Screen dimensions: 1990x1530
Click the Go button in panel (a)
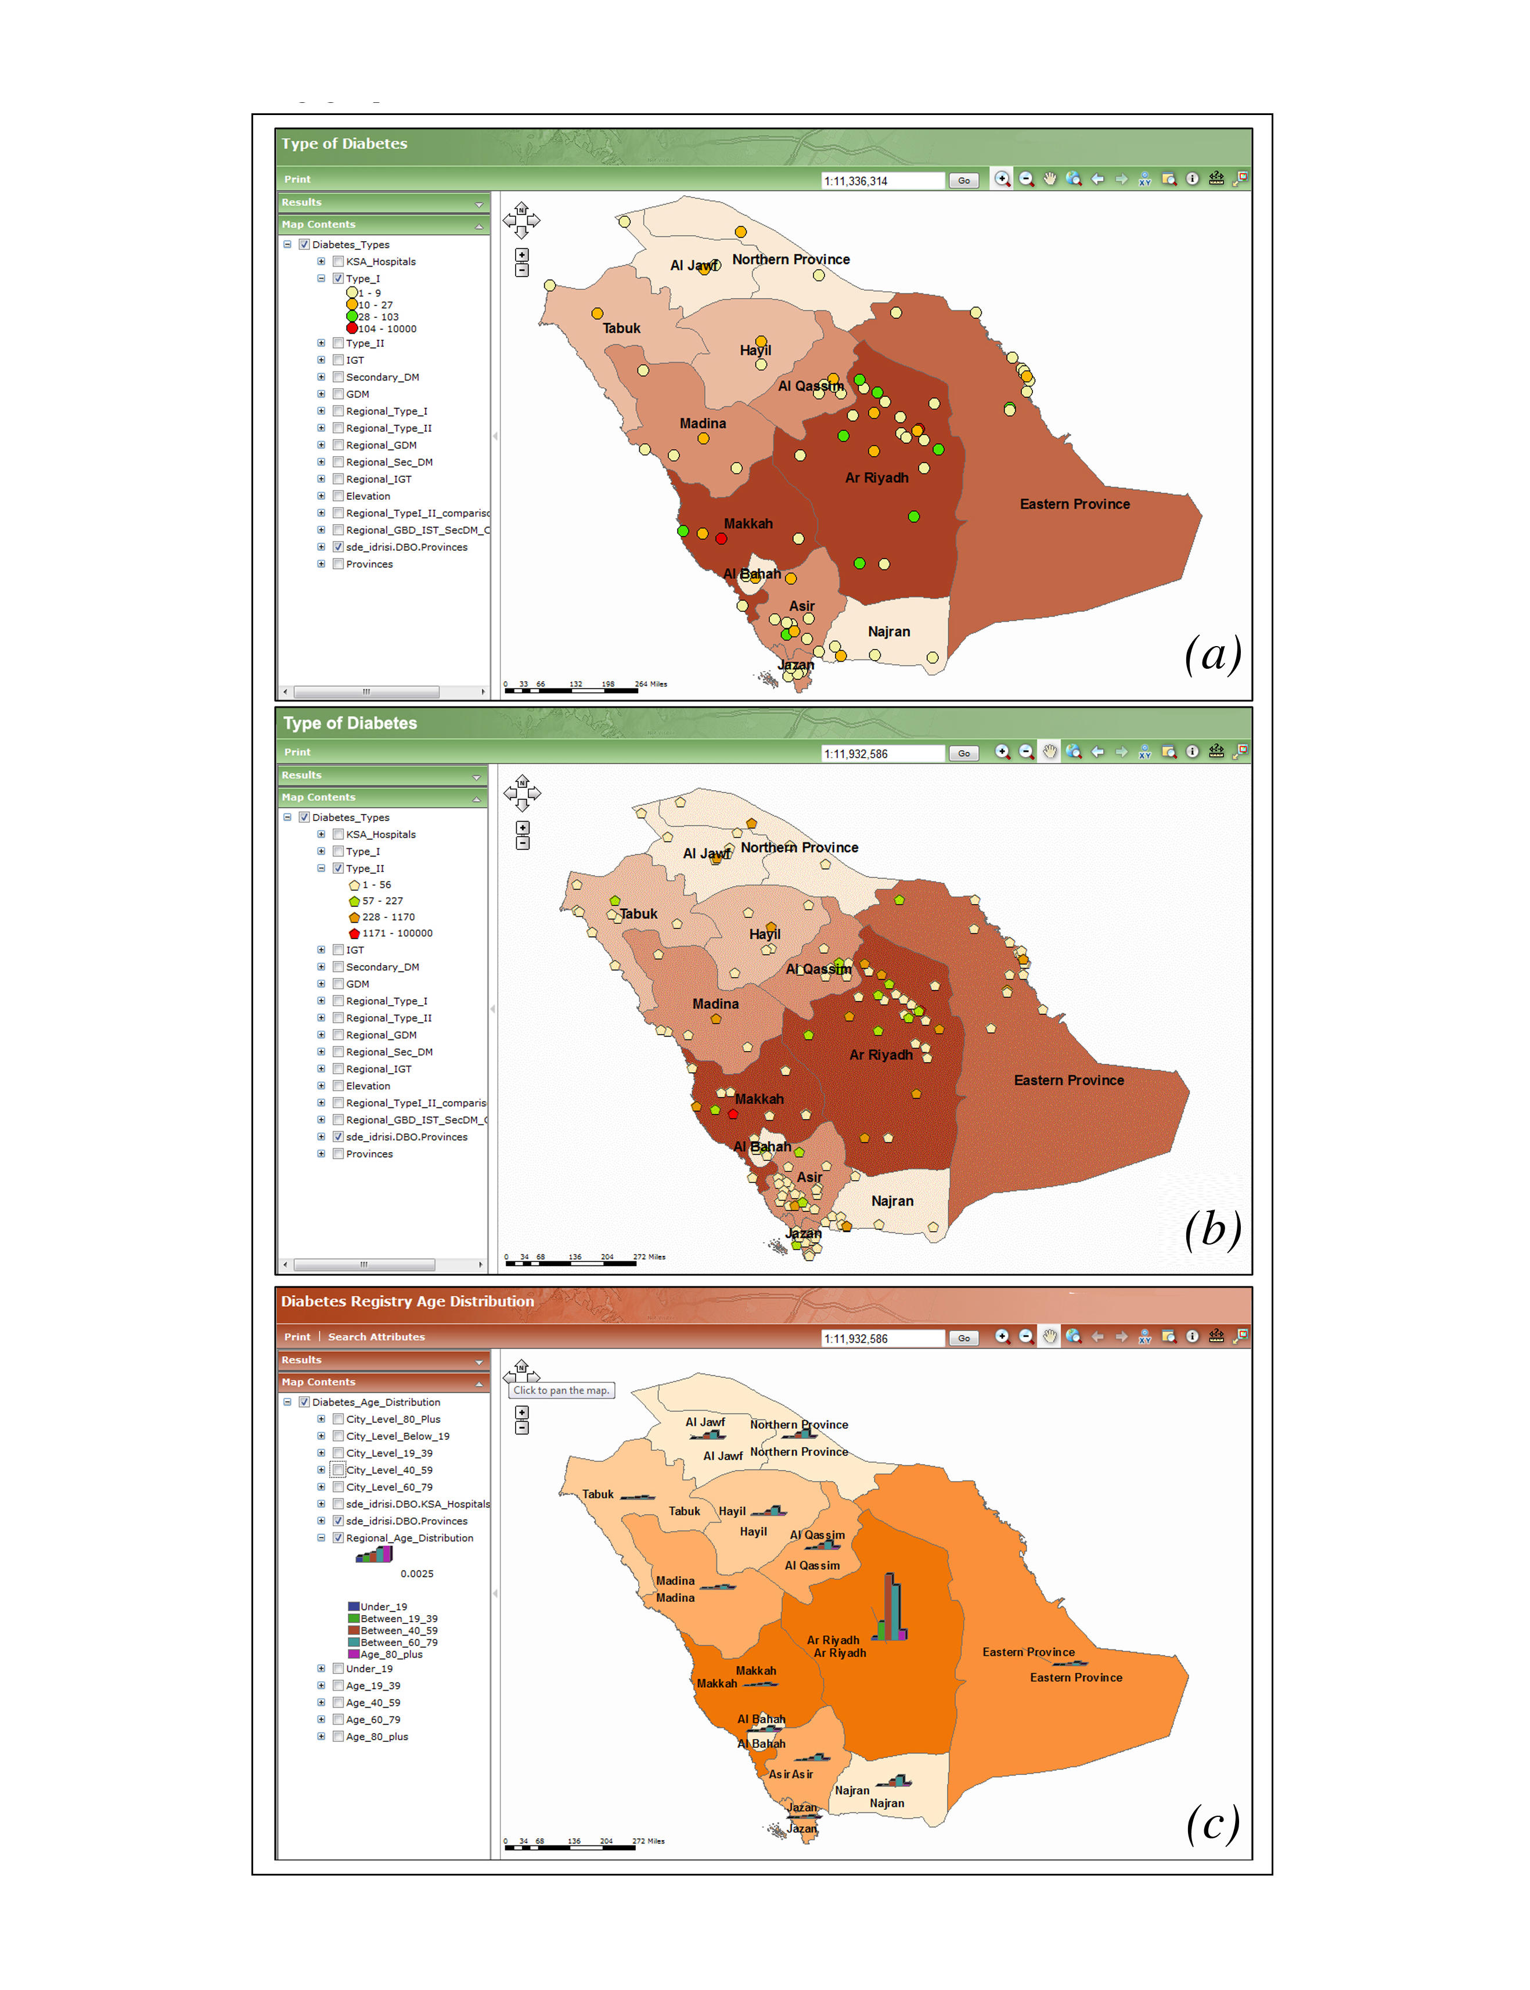point(963,181)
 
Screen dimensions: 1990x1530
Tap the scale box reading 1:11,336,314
point(881,181)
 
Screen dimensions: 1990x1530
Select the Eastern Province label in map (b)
point(1068,1080)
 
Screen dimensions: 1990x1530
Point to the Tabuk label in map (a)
point(621,328)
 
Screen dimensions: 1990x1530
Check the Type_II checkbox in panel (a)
point(338,343)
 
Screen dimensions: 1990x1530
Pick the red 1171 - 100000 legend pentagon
point(354,933)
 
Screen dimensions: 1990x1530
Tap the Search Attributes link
point(376,1337)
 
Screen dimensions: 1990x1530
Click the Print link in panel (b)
point(297,752)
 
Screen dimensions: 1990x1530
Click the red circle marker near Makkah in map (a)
point(721,539)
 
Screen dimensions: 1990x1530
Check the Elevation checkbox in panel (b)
point(338,1085)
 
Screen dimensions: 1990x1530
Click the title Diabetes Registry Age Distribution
point(407,1301)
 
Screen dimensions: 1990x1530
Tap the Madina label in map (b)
point(715,1003)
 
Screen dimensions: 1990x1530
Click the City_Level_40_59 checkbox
point(338,1470)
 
